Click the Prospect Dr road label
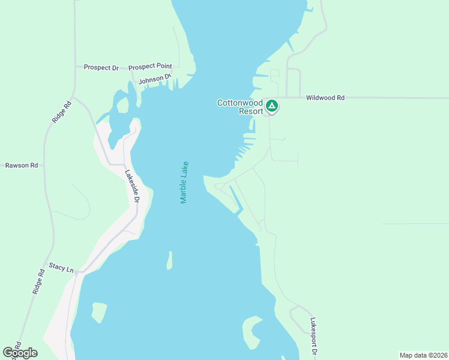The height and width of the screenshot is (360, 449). (x=101, y=67)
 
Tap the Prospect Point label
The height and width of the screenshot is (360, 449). (x=150, y=66)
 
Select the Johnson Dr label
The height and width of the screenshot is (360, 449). (x=155, y=79)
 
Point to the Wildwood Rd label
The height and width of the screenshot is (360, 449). (x=325, y=97)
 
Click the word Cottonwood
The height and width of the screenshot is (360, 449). (x=240, y=103)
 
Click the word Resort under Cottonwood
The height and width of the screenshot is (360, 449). (x=250, y=111)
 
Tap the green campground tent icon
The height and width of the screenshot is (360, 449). (x=271, y=106)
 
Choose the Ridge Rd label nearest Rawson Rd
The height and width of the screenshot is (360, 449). (x=58, y=112)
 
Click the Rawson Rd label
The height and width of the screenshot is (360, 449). (x=22, y=165)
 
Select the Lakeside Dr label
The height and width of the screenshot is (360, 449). (x=132, y=187)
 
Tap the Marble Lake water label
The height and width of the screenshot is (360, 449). (x=185, y=182)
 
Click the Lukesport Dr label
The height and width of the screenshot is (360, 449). (x=313, y=334)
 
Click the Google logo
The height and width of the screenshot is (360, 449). (x=20, y=353)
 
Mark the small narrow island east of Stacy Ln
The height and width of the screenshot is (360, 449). (x=170, y=260)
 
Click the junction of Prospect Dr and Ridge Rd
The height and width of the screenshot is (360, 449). (x=74, y=67)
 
